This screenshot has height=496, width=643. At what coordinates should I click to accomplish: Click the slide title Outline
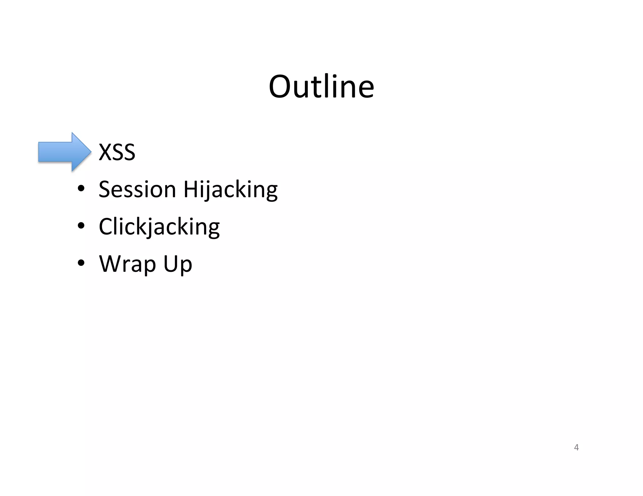pyautogui.click(x=321, y=87)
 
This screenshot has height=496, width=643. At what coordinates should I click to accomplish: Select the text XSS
pyautogui.click(x=117, y=152)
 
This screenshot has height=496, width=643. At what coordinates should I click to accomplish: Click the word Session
pyautogui.click(x=137, y=189)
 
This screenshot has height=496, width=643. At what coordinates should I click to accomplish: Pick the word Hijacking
pyautogui.click(x=230, y=190)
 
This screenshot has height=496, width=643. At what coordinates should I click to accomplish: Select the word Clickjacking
pyautogui.click(x=159, y=227)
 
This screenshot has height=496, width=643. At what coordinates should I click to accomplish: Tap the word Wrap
pyautogui.click(x=127, y=264)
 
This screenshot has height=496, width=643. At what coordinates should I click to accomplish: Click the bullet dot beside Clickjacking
pyautogui.click(x=81, y=226)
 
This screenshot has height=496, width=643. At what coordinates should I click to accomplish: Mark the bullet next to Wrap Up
pyautogui.click(x=81, y=263)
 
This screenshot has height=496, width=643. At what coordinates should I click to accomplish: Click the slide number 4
pyautogui.click(x=576, y=447)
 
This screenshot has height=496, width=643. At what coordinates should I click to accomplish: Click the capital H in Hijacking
pyautogui.click(x=190, y=189)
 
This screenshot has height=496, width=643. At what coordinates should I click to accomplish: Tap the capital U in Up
pyautogui.click(x=170, y=264)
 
